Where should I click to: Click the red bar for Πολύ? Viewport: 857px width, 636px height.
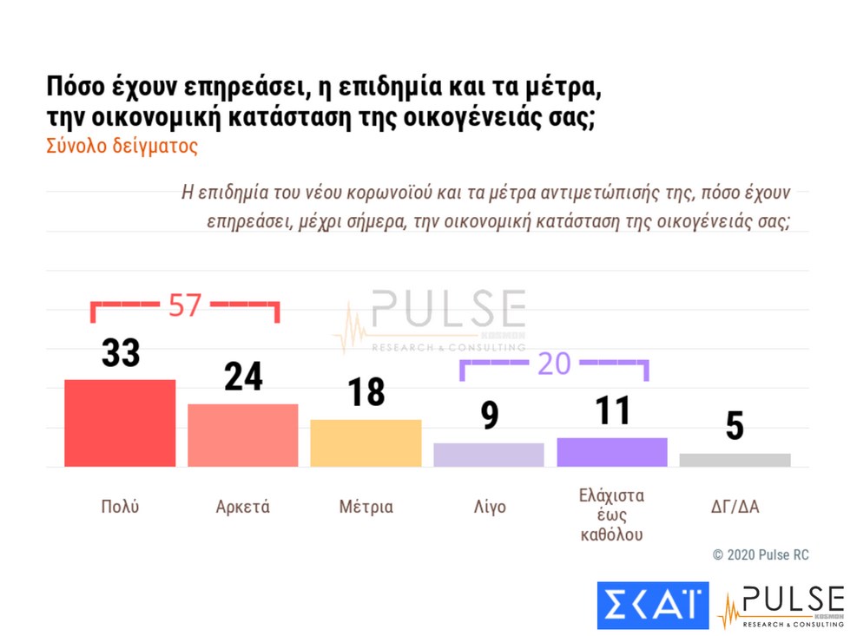pos(120,423)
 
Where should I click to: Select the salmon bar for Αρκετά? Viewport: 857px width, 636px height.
pos(243,435)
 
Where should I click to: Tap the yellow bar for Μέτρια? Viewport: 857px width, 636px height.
pos(366,443)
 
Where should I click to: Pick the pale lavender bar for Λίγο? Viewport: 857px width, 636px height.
pos(489,455)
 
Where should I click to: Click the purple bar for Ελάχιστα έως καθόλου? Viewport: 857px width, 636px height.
pos(611,452)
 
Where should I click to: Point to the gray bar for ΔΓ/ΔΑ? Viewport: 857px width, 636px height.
pos(735,460)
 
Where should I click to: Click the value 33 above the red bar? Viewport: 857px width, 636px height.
pos(121,354)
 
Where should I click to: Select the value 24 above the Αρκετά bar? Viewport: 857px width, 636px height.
pos(243,377)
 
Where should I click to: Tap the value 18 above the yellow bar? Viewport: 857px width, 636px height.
pos(366,392)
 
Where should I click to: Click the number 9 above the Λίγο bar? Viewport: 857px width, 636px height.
pos(490,416)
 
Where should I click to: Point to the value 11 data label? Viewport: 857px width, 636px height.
pos(612,410)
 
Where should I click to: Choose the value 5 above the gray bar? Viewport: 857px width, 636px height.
pos(735,426)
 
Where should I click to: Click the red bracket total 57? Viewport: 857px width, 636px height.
pos(184,305)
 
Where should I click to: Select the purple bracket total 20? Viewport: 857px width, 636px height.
pos(554,364)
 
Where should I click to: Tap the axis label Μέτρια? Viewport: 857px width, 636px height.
pos(366,507)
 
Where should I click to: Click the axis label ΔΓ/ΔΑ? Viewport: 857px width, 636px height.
pos(735,507)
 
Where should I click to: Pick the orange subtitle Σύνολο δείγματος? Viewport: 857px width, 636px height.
pos(122,146)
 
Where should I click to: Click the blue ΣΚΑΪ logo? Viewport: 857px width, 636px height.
pos(653,605)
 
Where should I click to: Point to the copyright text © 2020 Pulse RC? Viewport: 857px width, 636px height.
pos(761,554)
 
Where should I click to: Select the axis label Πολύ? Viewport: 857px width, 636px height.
pos(120,507)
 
